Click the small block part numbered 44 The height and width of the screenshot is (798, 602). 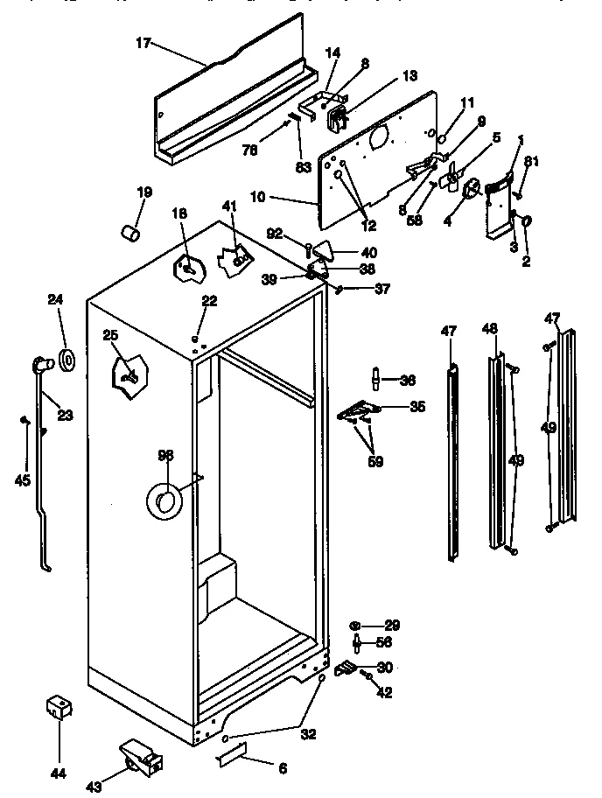click(x=59, y=708)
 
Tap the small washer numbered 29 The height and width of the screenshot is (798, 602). click(x=355, y=625)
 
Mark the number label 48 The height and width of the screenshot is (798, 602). click(x=489, y=328)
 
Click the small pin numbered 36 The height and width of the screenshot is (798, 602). click(x=374, y=379)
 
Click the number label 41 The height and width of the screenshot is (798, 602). click(x=229, y=206)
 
